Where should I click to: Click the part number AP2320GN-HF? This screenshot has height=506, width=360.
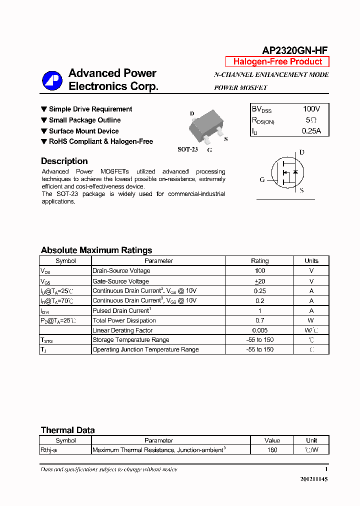(295, 50)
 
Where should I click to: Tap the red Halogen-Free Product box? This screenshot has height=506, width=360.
(277, 61)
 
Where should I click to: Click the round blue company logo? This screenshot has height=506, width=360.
(52, 80)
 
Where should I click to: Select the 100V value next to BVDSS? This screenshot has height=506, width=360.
(311, 109)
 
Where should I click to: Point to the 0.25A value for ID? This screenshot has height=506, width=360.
(311, 131)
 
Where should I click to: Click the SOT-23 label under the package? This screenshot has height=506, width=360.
(188, 149)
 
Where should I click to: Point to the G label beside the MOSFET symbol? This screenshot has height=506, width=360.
(262, 180)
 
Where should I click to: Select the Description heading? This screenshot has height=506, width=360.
(64, 161)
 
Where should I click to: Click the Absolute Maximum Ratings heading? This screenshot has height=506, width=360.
(96, 250)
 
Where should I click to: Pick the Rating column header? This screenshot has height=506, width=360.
(259, 260)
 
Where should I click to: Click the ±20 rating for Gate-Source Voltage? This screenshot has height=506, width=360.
(259, 281)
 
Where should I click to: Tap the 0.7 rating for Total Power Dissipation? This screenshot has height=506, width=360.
(259, 320)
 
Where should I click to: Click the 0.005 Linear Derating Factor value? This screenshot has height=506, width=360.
(259, 330)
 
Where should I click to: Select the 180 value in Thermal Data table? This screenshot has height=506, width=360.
(272, 450)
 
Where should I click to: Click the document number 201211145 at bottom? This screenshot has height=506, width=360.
(314, 479)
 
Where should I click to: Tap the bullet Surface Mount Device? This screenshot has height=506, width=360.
(83, 131)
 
